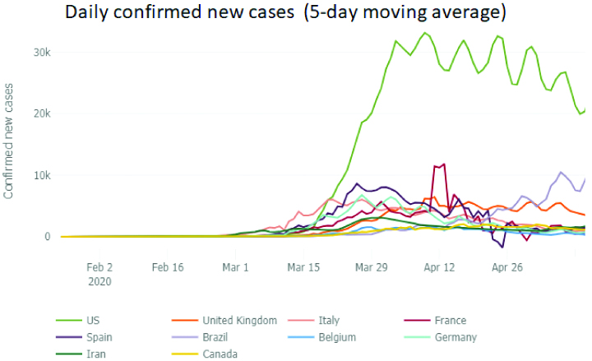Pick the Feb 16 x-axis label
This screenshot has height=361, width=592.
pyautogui.click(x=167, y=267)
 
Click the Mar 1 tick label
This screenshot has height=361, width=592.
pyautogui.click(x=236, y=267)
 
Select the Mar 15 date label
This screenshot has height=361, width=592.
pyautogui.click(x=304, y=267)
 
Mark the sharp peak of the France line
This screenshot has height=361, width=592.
pyautogui.click(x=444, y=164)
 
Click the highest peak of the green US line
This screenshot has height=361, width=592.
pyautogui.click(x=425, y=33)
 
